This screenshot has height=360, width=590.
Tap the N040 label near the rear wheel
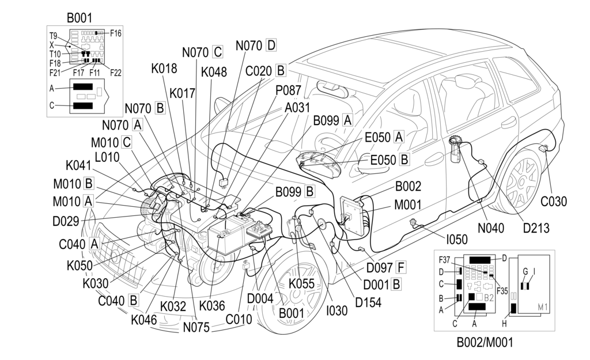[x=491, y=228]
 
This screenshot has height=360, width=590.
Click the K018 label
[x=164, y=69]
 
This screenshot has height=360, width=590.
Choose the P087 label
[x=288, y=92]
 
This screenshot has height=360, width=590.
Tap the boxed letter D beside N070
[x=271, y=45]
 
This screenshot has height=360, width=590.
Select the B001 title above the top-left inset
[x=79, y=18]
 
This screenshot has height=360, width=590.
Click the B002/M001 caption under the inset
[x=485, y=343]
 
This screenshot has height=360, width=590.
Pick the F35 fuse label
[x=502, y=290]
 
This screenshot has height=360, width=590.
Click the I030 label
[x=336, y=312]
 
